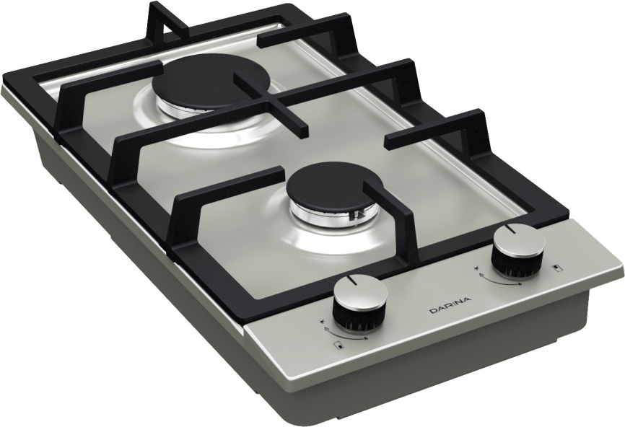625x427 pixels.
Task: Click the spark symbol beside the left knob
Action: [x=322, y=321]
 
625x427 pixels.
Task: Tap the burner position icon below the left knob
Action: [x=339, y=345]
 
